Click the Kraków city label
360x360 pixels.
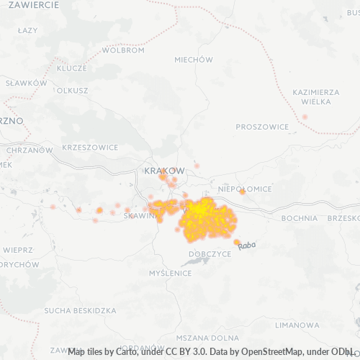[x=164, y=171]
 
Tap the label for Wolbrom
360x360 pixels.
[x=103, y=51]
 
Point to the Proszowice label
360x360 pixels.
[x=262, y=127]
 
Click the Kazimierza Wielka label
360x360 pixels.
[x=316, y=97]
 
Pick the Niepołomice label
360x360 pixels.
[x=245, y=189]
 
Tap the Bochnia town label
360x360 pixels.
[x=300, y=218]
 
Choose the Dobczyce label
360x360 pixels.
[x=210, y=254]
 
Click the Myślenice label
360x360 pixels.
[x=170, y=274]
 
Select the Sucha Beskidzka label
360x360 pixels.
[x=80, y=311]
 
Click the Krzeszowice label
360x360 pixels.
[x=90, y=147]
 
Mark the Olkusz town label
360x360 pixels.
[x=72, y=91]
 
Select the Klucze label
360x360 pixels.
[x=71, y=68]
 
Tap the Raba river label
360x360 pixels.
[x=247, y=246]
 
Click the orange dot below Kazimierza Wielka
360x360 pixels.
[x=305, y=117]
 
